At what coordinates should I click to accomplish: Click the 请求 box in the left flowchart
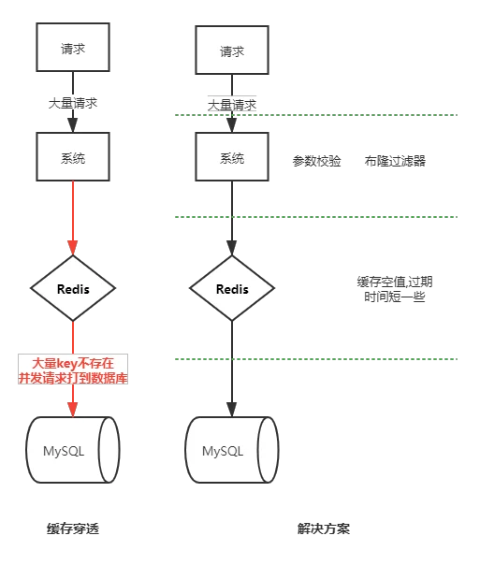73,47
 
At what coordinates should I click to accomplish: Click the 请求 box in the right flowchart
232,51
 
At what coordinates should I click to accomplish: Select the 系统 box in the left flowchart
73,156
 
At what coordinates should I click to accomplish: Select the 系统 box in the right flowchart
232,156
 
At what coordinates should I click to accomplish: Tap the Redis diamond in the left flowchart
73,288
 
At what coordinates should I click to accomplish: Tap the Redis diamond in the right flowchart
232,288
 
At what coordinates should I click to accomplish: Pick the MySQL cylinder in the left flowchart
73,450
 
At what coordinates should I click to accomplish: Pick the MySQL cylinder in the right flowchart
232,450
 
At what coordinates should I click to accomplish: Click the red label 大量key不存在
73,363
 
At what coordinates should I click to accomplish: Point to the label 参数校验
316,161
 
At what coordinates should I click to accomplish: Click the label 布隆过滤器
395,161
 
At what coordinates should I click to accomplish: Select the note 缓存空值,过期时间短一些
395,289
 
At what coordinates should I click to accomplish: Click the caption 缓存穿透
73,529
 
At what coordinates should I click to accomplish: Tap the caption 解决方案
323,529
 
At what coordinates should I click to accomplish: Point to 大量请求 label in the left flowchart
73,104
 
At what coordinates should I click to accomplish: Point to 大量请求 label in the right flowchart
232,105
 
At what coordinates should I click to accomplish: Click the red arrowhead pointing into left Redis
73,248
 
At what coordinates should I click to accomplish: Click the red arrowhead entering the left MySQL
73,410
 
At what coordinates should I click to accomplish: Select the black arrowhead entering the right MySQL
232,410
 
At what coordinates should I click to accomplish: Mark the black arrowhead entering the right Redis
232,248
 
